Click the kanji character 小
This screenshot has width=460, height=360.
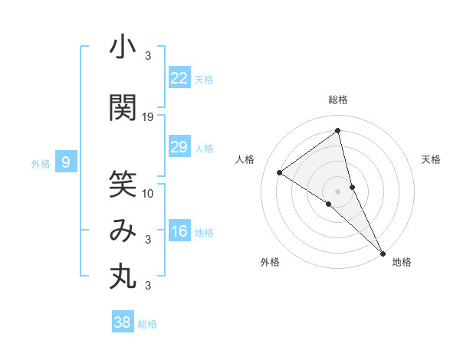[x=123, y=47]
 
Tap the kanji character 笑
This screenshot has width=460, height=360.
[x=123, y=184]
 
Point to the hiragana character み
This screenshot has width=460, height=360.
[x=123, y=231]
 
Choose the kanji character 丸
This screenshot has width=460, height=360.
[x=123, y=276]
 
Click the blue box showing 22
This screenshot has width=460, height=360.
[x=179, y=77]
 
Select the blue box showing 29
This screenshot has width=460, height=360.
[x=179, y=147]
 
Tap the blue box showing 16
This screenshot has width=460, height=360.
[x=179, y=231]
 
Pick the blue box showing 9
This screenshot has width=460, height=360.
[x=67, y=162]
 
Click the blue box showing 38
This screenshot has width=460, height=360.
[x=123, y=322]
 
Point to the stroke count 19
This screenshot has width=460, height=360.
[x=148, y=117]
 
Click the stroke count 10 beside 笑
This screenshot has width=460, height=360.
[x=148, y=193]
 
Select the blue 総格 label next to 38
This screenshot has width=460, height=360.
[x=147, y=324]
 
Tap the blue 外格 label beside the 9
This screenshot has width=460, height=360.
[x=41, y=163]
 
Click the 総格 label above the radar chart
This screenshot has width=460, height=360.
[x=338, y=100]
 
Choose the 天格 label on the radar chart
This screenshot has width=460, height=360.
[x=432, y=159]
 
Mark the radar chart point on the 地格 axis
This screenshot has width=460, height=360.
[x=383, y=253]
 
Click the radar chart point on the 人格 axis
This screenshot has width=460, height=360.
[x=279, y=172]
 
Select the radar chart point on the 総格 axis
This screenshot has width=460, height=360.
[x=338, y=131]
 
